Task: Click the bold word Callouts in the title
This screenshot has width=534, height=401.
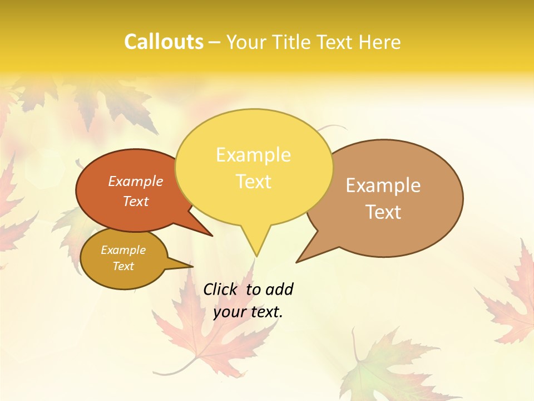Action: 164,42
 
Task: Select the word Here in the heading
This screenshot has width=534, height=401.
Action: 378,42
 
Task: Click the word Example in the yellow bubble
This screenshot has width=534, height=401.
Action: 253,155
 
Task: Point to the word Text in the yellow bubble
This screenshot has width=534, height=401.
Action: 253,182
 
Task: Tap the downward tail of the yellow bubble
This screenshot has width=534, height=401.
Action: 256,245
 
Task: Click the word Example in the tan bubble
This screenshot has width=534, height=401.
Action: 383,185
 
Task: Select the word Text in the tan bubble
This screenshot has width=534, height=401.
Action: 383,212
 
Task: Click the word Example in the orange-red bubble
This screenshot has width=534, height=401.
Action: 136,181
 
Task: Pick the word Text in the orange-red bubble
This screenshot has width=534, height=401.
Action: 136,201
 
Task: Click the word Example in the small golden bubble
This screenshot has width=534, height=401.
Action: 123,250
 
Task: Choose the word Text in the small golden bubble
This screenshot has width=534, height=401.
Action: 123,266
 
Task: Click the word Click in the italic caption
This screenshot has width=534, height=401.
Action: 220,289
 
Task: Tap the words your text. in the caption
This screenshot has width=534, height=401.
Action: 248,312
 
